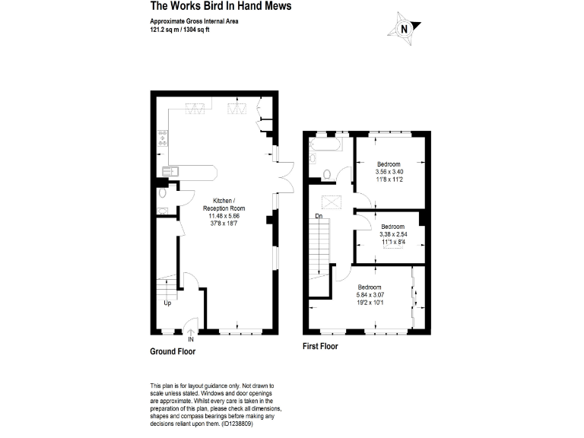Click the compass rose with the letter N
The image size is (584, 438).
(405, 30)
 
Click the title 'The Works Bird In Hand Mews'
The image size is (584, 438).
(210, 6)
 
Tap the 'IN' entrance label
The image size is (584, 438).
(191, 339)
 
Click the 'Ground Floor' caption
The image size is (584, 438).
(173, 352)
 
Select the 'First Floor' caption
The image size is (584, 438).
(320, 346)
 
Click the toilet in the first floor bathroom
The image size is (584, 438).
(326, 174)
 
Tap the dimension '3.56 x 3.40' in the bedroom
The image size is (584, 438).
(389, 172)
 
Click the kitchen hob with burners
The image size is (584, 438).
(163, 138)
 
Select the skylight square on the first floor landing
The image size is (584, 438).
(331, 202)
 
